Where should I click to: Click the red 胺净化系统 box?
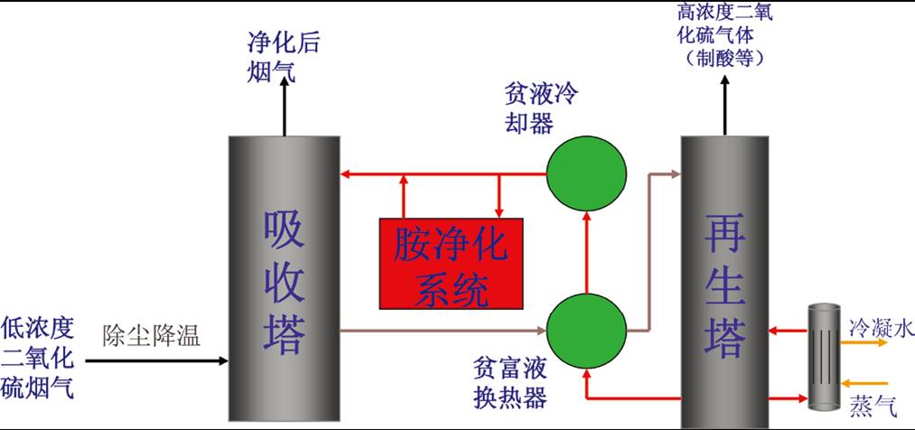(x=450, y=262)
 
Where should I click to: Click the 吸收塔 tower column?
(x=284, y=280)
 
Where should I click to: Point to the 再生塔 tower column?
(x=725, y=280)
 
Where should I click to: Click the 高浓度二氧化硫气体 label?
(x=724, y=36)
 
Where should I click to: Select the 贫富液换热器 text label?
(x=510, y=382)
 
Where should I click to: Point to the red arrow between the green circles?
(x=587, y=252)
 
